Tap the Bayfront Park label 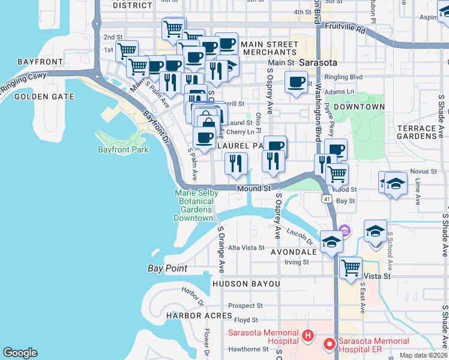click(x=122, y=149)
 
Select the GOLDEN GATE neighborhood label click(x=44, y=97)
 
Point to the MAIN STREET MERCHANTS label click(x=270, y=49)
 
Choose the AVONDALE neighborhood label click(x=293, y=253)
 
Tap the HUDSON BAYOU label click(x=246, y=283)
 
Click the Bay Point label click(x=167, y=269)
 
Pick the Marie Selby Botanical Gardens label click(x=195, y=205)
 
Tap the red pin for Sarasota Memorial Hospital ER click(x=329, y=344)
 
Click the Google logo click(x=20, y=353)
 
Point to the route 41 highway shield click(x=327, y=198)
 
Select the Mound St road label click(x=254, y=188)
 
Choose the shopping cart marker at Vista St click(x=351, y=267)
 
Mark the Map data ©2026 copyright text click(x=424, y=355)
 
